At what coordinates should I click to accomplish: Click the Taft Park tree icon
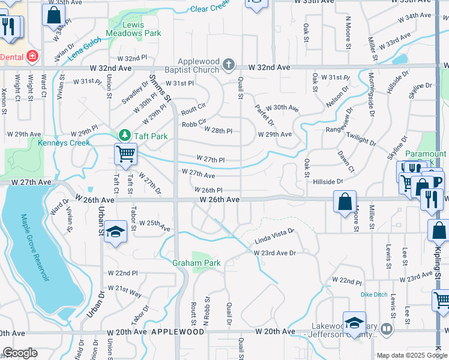click(x=125, y=136)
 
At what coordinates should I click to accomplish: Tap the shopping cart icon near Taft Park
click(x=125, y=154)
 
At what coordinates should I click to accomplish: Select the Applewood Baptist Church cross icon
click(x=228, y=64)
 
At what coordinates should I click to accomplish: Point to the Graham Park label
click(x=196, y=263)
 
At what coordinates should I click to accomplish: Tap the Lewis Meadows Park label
click(x=134, y=29)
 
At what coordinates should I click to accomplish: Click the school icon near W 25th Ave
click(x=114, y=232)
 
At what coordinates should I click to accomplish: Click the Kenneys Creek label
click(x=64, y=143)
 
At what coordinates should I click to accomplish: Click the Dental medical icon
click(x=32, y=57)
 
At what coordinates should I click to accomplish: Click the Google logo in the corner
click(x=20, y=353)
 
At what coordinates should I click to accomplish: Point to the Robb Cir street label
click(x=194, y=125)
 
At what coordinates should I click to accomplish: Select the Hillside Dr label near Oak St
click(x=324, y=181)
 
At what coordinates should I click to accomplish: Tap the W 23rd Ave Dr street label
click(x=275, y=253)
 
